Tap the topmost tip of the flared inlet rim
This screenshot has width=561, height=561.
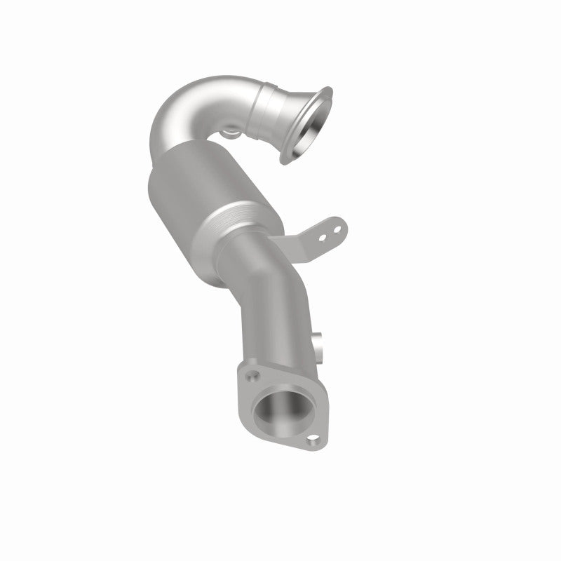click(327, 89)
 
